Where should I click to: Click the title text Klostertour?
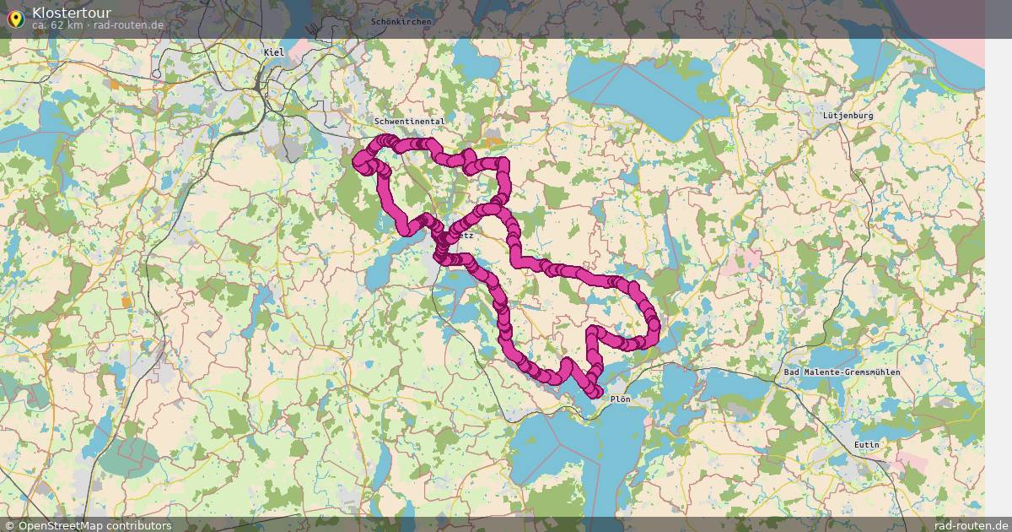tap(72, 13)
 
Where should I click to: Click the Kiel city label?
tap(274, 52)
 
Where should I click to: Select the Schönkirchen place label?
tap(401, 21)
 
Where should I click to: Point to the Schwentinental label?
tap(410, 122)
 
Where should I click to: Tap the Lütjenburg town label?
tap(848, 115)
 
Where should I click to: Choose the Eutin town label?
tap(866, 445)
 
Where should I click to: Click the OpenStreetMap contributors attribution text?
tap(94, 525)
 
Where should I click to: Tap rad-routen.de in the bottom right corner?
tap(971, 525)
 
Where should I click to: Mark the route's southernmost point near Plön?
tap(597, 393)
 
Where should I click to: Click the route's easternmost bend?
tap(654, 323)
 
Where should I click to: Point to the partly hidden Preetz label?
tap(466, 236)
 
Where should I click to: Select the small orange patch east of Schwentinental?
tap(493, 143)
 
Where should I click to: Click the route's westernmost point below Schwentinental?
tap(358, 160)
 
